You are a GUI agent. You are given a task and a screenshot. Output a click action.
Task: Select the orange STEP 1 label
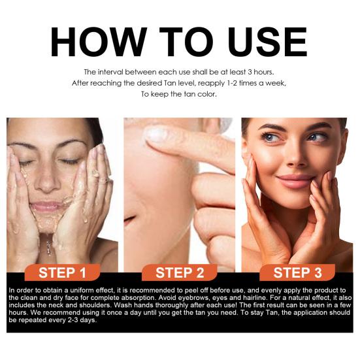tap(62, 272)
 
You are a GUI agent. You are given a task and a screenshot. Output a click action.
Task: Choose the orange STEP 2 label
tap(180, 272)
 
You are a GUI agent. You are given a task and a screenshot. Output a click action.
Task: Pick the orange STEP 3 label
tap(297, 272)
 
